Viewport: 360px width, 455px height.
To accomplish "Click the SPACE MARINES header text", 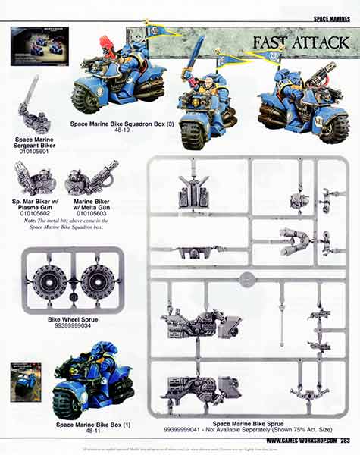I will [x=334, y=17].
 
